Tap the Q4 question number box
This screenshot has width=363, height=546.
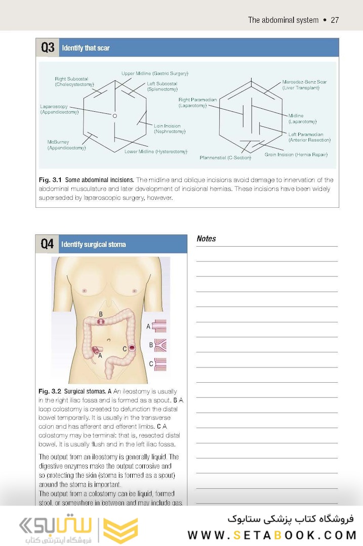[x=47, y=244]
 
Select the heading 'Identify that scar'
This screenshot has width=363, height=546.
[x=86, y=49]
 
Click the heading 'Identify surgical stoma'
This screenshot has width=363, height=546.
[x=94, y=245]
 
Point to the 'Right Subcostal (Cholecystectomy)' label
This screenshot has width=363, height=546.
[x=74, y=82]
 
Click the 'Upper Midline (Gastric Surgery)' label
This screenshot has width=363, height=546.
[x=155, y=73]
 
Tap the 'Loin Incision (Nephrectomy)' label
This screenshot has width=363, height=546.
[x=170, y=129]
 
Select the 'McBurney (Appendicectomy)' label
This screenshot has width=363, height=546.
[x=66, y=145]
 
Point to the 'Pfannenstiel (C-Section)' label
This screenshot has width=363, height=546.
[x=225, y=158]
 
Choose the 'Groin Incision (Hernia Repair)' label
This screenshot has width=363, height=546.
[x=296, y=154]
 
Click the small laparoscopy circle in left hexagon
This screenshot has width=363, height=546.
[x=115, y=116]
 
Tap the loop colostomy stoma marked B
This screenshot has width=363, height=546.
[x=101, y=321]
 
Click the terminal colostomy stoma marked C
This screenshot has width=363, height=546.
[x=132, y=348]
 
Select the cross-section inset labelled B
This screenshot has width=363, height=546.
[x=159, y=345]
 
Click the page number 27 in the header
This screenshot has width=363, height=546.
[x=334, y=20]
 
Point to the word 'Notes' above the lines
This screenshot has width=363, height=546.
[x=206, y=239]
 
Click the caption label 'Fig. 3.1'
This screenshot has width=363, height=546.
[x=50, y=180]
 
